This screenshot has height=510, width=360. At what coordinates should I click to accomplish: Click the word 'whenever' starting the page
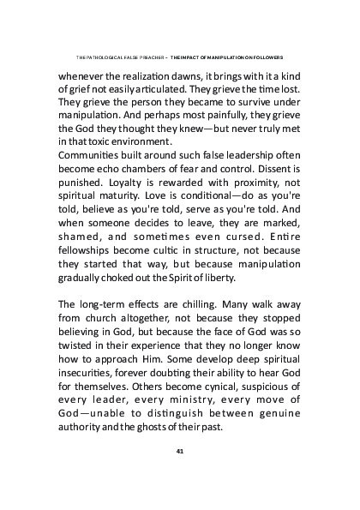click(x=81, y=75)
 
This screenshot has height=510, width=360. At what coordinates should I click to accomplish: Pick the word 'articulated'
click(x=164, y=87)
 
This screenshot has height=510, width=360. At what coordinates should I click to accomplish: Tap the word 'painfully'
click(x=207, y=114)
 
